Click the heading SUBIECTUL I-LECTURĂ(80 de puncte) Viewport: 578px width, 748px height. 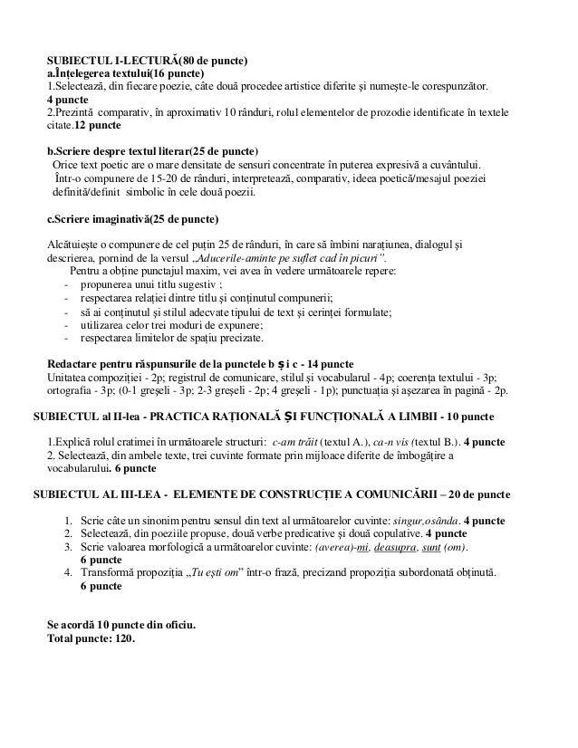click(x=147, y=61)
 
